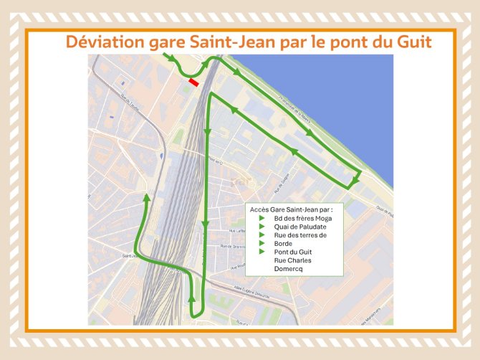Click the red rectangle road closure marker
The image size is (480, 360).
coord(193,82)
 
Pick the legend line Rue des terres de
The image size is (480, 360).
coord(300,235)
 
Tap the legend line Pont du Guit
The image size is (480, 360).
coord(293,252)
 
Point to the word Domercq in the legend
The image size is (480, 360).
coord(289,270)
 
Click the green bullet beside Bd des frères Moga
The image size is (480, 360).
coord(261,218)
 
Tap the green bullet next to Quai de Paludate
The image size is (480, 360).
coord(261,227)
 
